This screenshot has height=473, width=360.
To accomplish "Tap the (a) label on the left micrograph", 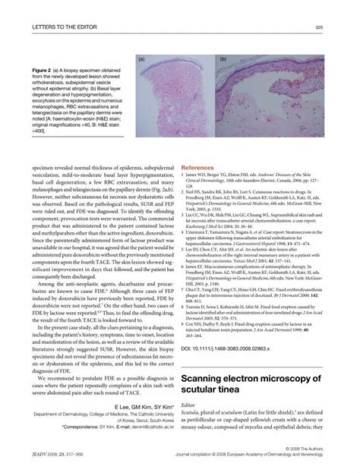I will click(142, 58).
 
